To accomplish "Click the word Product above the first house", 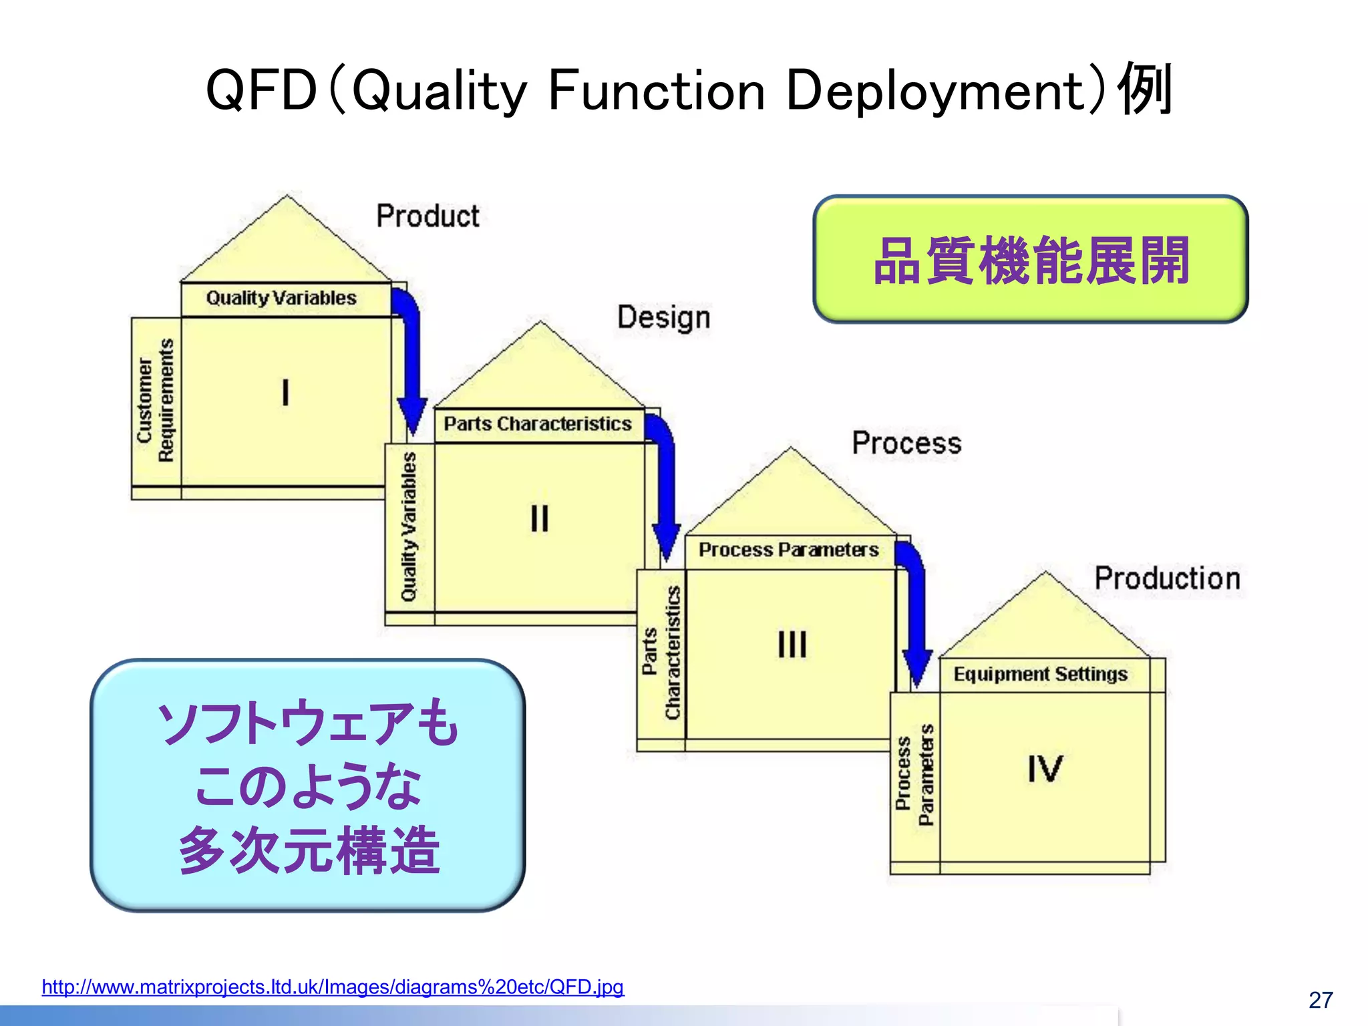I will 427,216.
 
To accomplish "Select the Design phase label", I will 663,317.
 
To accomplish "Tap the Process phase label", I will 906,443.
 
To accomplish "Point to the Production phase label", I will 1167,578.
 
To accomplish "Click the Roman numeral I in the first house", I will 286,392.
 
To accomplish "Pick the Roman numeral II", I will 539,518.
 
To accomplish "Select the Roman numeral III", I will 792,645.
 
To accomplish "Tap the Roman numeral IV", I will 1045,769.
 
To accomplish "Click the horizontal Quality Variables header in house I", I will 281,298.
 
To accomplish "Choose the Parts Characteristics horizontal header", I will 538,423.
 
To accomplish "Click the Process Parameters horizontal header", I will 788,550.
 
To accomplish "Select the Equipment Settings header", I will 1040,674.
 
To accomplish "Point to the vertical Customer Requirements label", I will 156,401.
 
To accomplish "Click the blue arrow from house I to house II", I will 409,361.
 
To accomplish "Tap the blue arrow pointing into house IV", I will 915,615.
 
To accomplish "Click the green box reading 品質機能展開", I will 1030,260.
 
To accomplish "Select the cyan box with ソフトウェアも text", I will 308,785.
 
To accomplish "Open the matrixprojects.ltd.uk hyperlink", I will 333,987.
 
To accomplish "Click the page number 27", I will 1321,1000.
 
